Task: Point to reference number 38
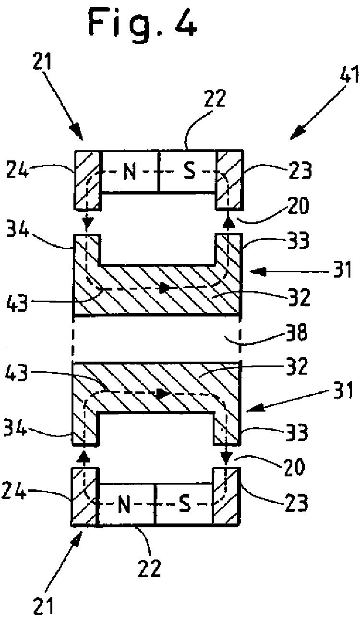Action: [297, 332]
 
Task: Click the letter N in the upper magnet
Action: [130, 171]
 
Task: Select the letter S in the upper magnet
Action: [190, 171]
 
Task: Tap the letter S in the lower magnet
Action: [185, 504]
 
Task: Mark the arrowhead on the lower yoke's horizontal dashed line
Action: [161, 393]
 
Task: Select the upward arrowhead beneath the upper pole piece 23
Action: [228, 222]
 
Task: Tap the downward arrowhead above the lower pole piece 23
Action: [227, 460]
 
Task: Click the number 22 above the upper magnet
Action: [215, 98]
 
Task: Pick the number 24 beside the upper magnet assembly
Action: [17, 170]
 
